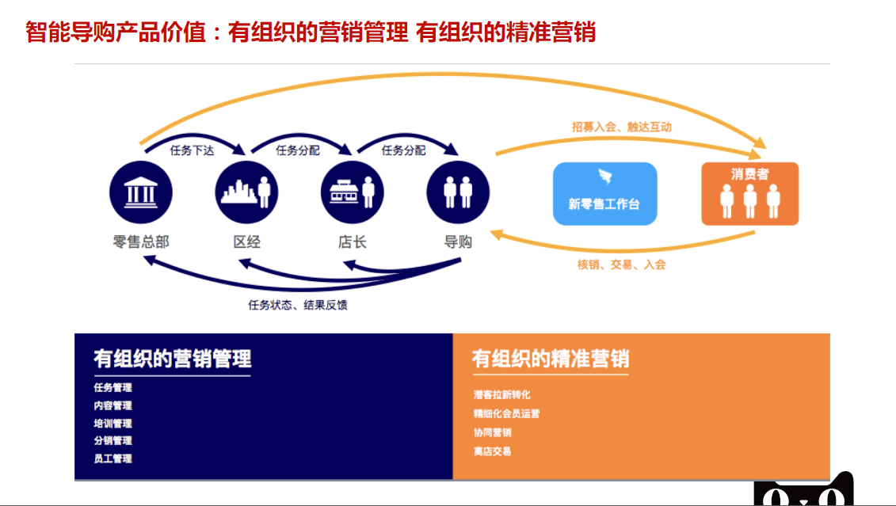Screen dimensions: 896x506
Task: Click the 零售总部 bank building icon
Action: tap(141, 192)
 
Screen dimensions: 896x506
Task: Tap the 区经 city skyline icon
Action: tap(246, 192)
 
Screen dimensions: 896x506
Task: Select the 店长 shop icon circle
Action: tap(352, 192)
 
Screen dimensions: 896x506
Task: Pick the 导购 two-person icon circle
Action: tap(458, 192)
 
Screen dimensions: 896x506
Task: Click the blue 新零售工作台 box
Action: tap(604, 193)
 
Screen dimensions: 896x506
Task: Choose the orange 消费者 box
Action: tap(749, 193)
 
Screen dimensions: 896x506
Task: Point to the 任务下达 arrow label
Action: tap(193, 150)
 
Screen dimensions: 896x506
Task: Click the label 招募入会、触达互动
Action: tap(622, 126)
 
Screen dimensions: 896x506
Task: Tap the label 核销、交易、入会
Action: tap(621, 264)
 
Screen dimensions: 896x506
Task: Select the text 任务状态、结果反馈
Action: tap(298, 305)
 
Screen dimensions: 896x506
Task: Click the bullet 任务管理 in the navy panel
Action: tap(112, 388)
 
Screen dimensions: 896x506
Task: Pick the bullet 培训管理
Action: tap(112, 424)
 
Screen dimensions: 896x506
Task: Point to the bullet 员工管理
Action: tap(112, 458)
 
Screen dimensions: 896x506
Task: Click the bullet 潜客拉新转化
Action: tap(501, 394)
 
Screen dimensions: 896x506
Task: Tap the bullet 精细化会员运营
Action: tap(506, 413)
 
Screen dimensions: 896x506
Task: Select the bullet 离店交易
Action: tap(492, 451)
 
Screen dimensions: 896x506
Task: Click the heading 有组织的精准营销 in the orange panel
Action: tap(550, 359)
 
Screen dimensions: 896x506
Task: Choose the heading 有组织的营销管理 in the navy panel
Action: tap(172, 359)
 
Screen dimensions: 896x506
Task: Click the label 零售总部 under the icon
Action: tap(141, 242)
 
